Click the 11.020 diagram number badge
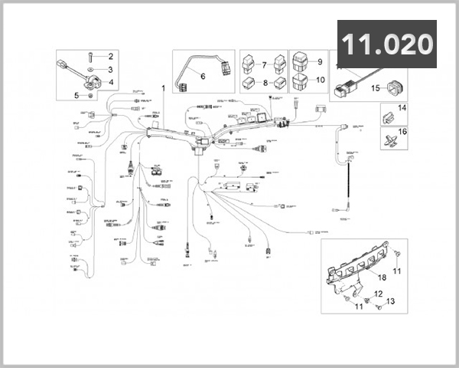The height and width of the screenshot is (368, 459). click(386, 44)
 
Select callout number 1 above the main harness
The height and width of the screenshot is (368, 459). click(163, 88)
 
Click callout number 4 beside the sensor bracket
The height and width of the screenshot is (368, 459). click(110, 82)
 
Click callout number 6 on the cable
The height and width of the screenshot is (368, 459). click(203, 75)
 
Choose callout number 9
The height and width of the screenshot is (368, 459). click(320, 62)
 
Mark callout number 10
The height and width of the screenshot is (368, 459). click(320, 80)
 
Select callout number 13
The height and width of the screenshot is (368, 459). click(392, 302)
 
